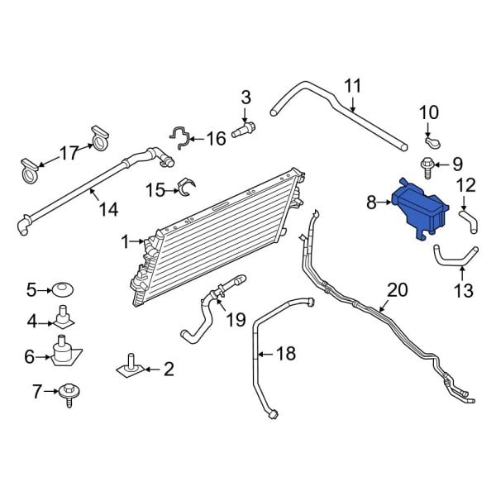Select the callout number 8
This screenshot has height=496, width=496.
371,201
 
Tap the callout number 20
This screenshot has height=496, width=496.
398,289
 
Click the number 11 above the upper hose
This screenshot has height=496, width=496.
353,85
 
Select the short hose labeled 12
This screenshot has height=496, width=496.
468,219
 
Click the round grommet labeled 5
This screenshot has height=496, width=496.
63,290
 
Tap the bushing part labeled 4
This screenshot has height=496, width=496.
63,318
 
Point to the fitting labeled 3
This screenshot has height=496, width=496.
245,129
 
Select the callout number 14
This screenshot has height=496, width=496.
108,210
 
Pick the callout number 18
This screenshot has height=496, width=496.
284,355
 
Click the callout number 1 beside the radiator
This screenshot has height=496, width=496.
126,242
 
